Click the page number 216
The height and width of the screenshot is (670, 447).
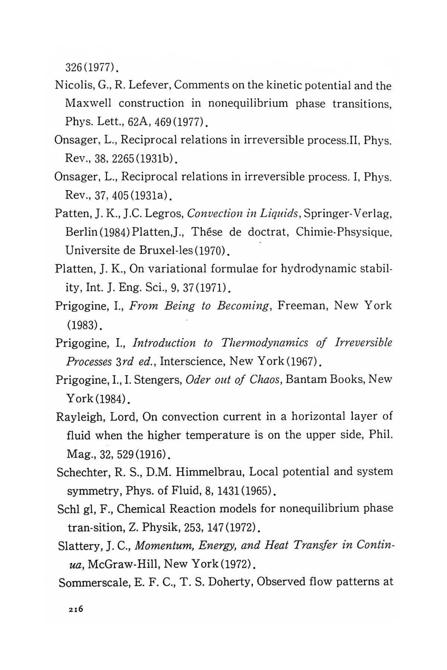point(75,609)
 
